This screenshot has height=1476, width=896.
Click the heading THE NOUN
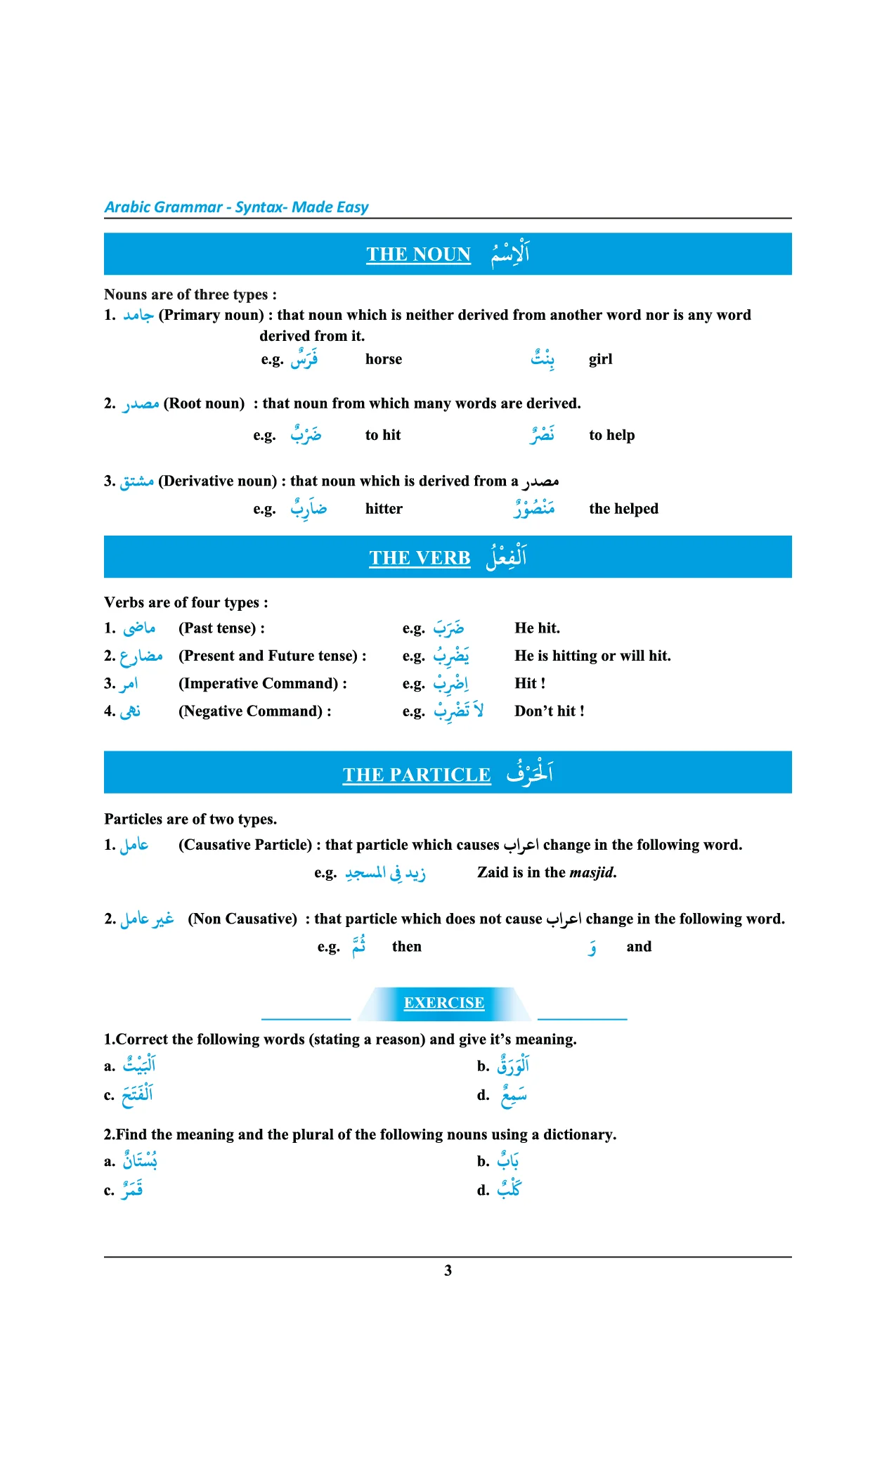[x=418, y=254]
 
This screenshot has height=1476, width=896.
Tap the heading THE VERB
[x=420, y=558]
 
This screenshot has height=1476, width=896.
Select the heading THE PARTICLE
[x=417, y=775]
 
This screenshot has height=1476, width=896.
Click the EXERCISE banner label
[x=444, y=1003]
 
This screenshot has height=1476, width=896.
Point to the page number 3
[x=448, y=1270]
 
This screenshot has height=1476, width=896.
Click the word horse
[x=384, y=359]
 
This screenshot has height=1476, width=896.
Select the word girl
[x=601, y=359]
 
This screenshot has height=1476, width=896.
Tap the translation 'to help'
[x=611, y=435]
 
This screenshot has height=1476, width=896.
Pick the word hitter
[x=384, y=509]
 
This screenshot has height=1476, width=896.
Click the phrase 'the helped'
[x=623, y=509]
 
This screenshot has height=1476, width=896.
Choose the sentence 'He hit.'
[x=537, y=628]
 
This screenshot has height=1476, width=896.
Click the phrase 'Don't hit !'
[x=549, y=711]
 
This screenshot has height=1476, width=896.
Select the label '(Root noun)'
[x=204, y=403]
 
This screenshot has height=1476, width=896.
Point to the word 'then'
[x=407, y=947]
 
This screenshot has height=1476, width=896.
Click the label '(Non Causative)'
[x=242, y=919]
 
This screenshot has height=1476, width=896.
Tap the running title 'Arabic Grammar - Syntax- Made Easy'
[x=236, y=207]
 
